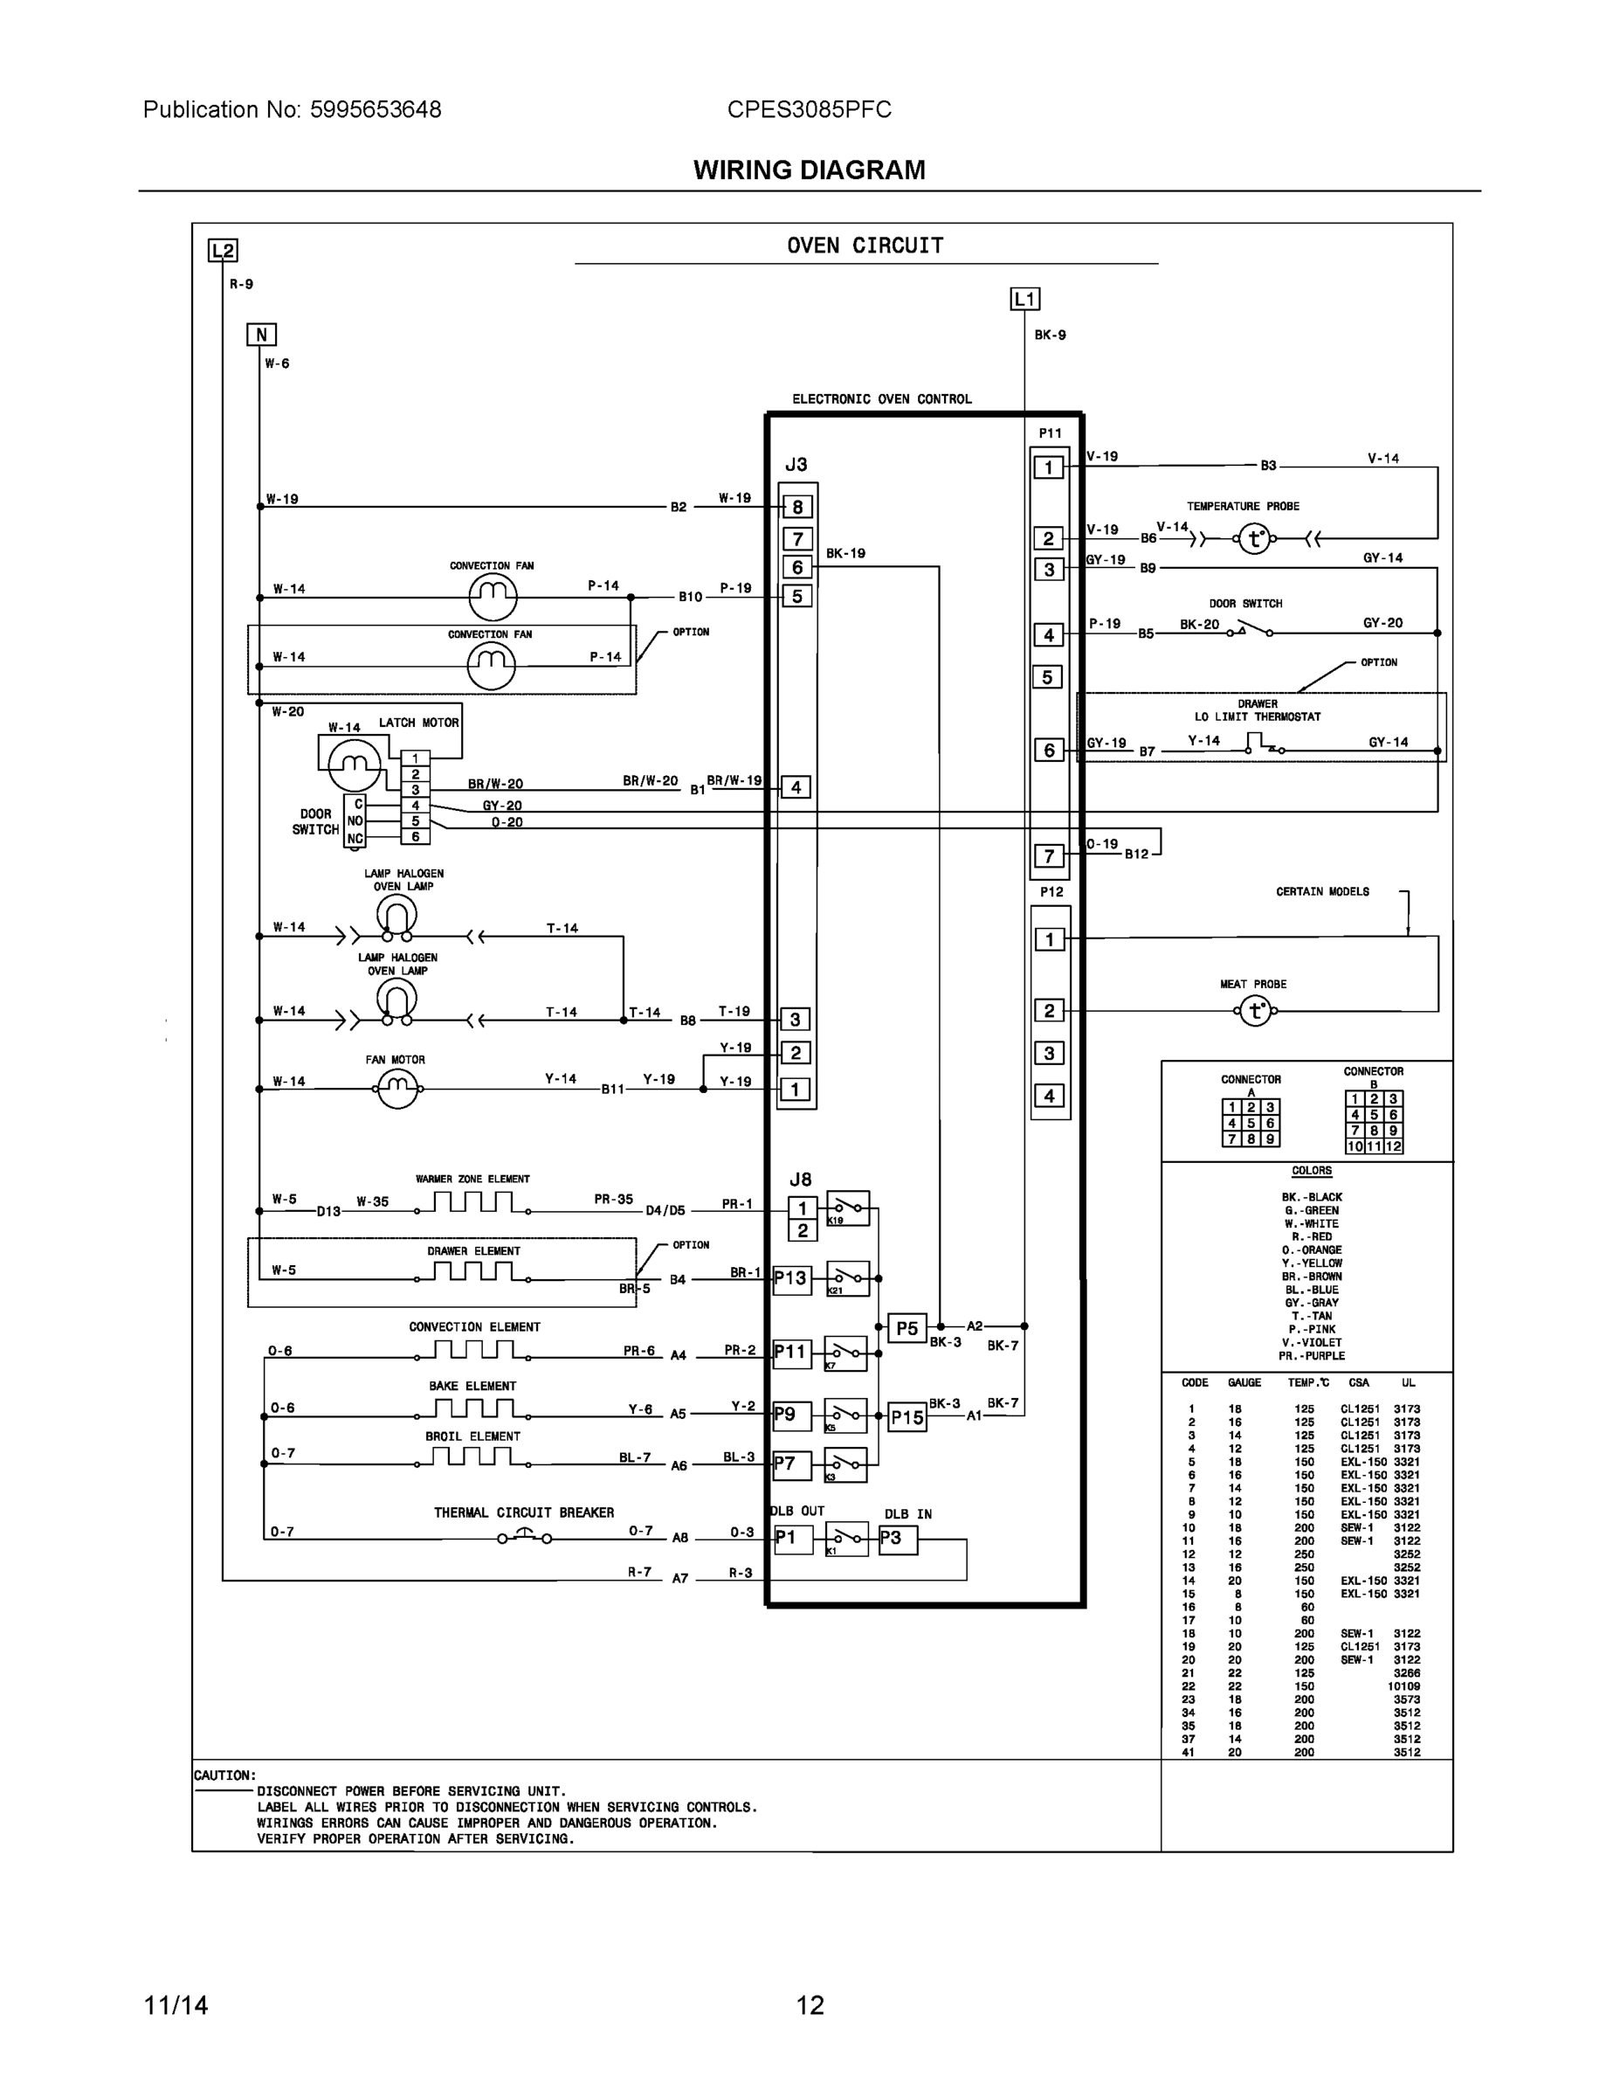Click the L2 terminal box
[x=223, y=251]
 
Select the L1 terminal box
[x=1025, y=300]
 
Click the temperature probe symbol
[x=1254, y=538]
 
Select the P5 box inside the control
[x=907, y=1329]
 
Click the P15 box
[x=907, y=1417]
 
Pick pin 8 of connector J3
[x=797, y=507]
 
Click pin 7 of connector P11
[x=1049, y=855]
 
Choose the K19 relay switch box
[x=847, y=1208]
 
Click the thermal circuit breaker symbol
[x=524, y=1537]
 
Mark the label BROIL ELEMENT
[x=472, y=1436]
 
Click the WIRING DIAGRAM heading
[x=809, y=170]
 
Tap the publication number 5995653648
[x=376, y=109]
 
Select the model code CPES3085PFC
[x=809, y=109]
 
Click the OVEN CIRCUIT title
[x=865, y=246]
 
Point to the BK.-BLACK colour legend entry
[x=1311, y=1197]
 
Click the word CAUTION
[x=224, y=1775]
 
